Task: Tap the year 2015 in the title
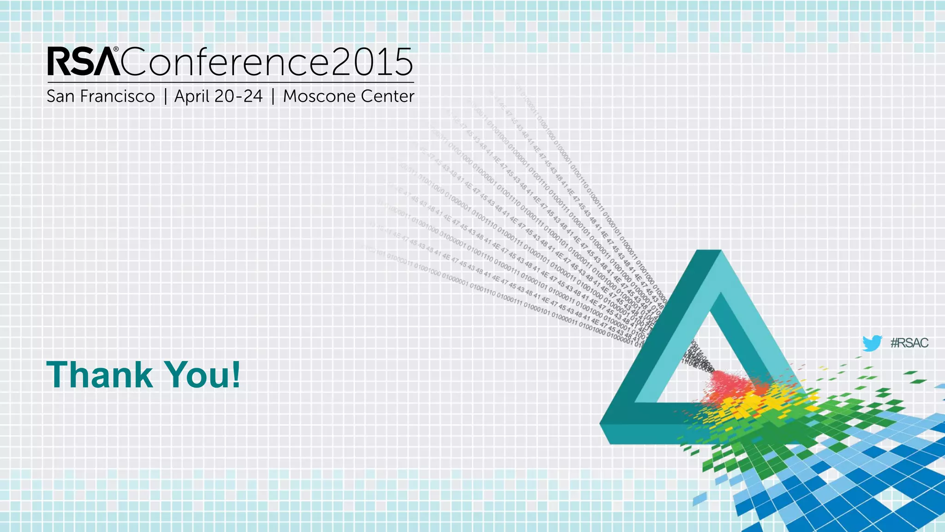coord(372,62)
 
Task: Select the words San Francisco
coord(101,97)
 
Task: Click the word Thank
coord(100,375)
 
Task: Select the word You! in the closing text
coord(203,375)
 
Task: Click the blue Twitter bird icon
coord(872,343)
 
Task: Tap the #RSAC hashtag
coord(909,343)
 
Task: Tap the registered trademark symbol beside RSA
coord(116,49)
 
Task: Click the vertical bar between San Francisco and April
coord(165,97)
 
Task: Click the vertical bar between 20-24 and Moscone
coord(273,97)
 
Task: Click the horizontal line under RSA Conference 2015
coord(231,82)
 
